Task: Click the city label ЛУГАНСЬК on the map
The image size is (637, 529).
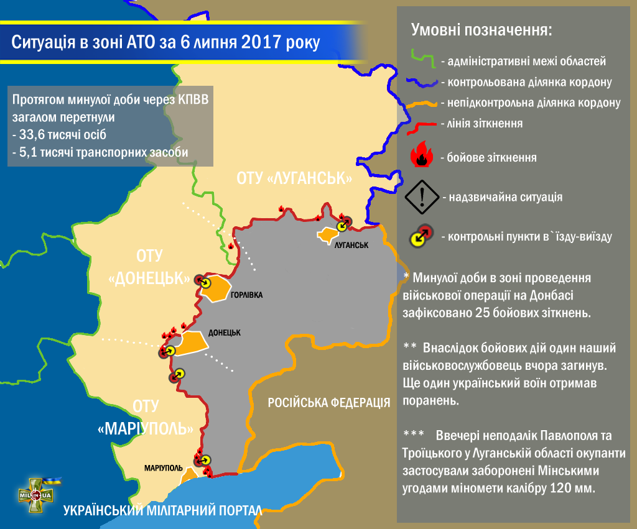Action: (351, 245)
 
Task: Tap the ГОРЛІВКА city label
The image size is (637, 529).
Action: (246, 295)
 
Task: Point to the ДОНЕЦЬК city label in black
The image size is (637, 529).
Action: (225, 333)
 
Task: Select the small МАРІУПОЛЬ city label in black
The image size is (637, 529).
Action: (162, 467)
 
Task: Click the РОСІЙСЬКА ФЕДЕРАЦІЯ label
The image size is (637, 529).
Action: (329, 402)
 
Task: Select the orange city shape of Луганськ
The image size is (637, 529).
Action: (327, 236)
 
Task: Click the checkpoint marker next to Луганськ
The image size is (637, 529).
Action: (343, 223)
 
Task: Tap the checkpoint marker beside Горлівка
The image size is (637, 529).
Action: (201, 281)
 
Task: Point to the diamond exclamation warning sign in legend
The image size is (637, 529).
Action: (422, 197)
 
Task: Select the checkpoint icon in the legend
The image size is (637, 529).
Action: (420, 236)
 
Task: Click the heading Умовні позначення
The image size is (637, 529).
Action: (481, 30)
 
